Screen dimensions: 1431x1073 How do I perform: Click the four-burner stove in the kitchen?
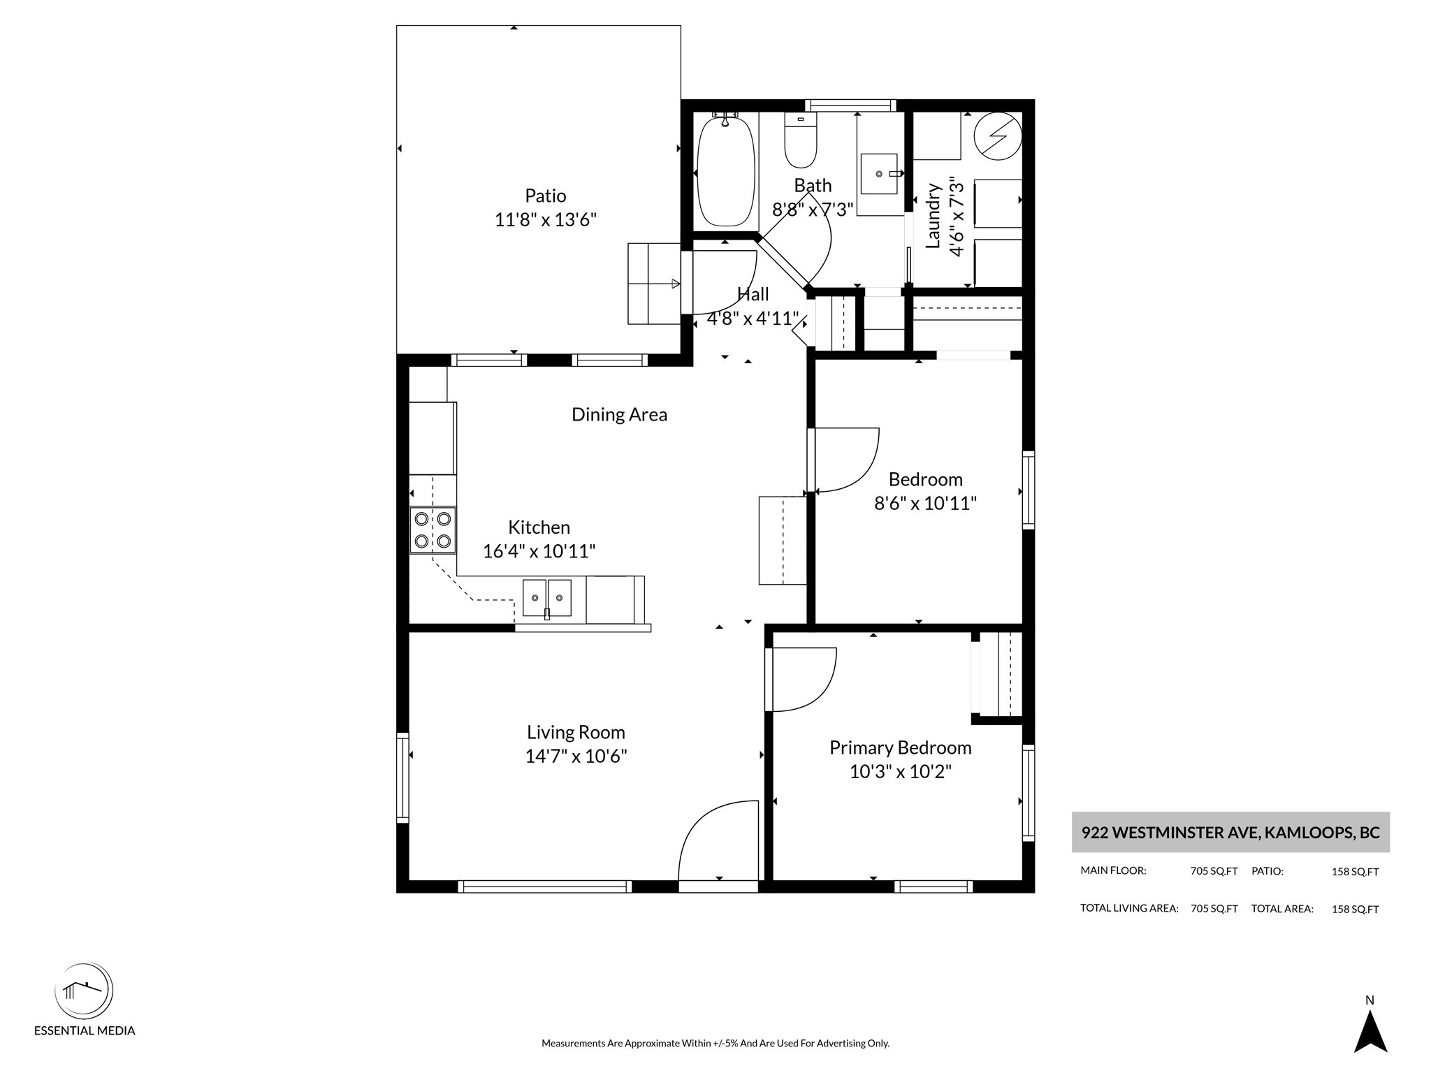pyautogui.click(x=433, y=530)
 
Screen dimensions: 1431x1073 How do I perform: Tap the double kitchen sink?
pyautogui.click(x=547, y=598)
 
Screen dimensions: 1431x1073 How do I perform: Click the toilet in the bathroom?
pyautogui.click(x=801, y=140)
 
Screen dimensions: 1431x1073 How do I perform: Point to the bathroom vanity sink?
pyautogui.click(x=879, y=173)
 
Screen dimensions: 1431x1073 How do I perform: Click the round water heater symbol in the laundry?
pyautogui.click(x=998, y=136)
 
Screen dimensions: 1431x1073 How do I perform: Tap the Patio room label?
pyautogui.click(x=546, y=196)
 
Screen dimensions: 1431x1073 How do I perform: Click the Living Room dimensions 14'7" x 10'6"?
pyautogui.click(x=576, y=756)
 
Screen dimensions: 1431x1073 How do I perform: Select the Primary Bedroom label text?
pyautogui.click(x=901, y=747)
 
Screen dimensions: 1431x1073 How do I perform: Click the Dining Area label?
pyautogui.click(x=619, y=414)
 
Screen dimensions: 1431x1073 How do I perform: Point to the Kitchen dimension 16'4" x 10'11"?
pyautogui.click(x=539, y=551)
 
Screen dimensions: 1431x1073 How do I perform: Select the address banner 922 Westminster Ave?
pyautogui.click(x=1230, y=832)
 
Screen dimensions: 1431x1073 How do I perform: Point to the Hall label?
pyautogui.click(x=753, y=294)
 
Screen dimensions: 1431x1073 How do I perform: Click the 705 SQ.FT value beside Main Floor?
pyautogui.click(x=1214, y=871)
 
